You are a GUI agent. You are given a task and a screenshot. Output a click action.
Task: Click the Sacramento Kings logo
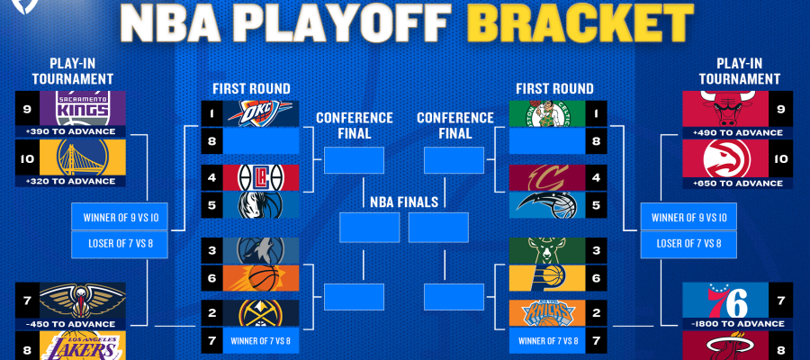(x=83, y=108)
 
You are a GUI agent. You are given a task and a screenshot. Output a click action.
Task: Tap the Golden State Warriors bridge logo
(x=83, y=157)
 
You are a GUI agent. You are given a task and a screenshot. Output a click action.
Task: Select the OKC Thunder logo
(x=254, y=113)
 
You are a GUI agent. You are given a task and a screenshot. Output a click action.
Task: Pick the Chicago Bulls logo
(x=725, y=109)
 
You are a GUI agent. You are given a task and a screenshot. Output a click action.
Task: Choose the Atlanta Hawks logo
(x=725, y=158)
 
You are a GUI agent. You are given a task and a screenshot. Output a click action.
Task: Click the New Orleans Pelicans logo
(x=83, y=301)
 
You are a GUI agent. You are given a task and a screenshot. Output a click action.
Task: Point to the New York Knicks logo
(x=547, y=313)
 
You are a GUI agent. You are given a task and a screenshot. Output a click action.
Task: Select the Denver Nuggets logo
(x=260, y=313)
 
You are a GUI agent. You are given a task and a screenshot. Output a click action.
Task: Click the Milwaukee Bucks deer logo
(x=547, y=250)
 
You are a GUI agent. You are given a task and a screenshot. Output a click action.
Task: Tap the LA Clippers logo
(x=260, y=177)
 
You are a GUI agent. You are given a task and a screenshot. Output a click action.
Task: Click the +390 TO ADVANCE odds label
(x=70, y=131)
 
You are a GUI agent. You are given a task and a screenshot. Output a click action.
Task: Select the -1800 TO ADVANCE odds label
(x=737, y=324)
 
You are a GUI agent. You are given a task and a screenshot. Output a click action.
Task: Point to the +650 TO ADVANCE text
(x=737, y=183)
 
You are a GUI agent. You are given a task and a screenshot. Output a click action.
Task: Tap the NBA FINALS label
(x=404, y=202)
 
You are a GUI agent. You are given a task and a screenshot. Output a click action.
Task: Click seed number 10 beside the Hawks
(x=780, y=158)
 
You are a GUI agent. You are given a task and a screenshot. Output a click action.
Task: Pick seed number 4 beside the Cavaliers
(x=596, y=177)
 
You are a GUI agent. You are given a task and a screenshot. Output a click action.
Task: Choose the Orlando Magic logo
(x=547, y=205)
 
